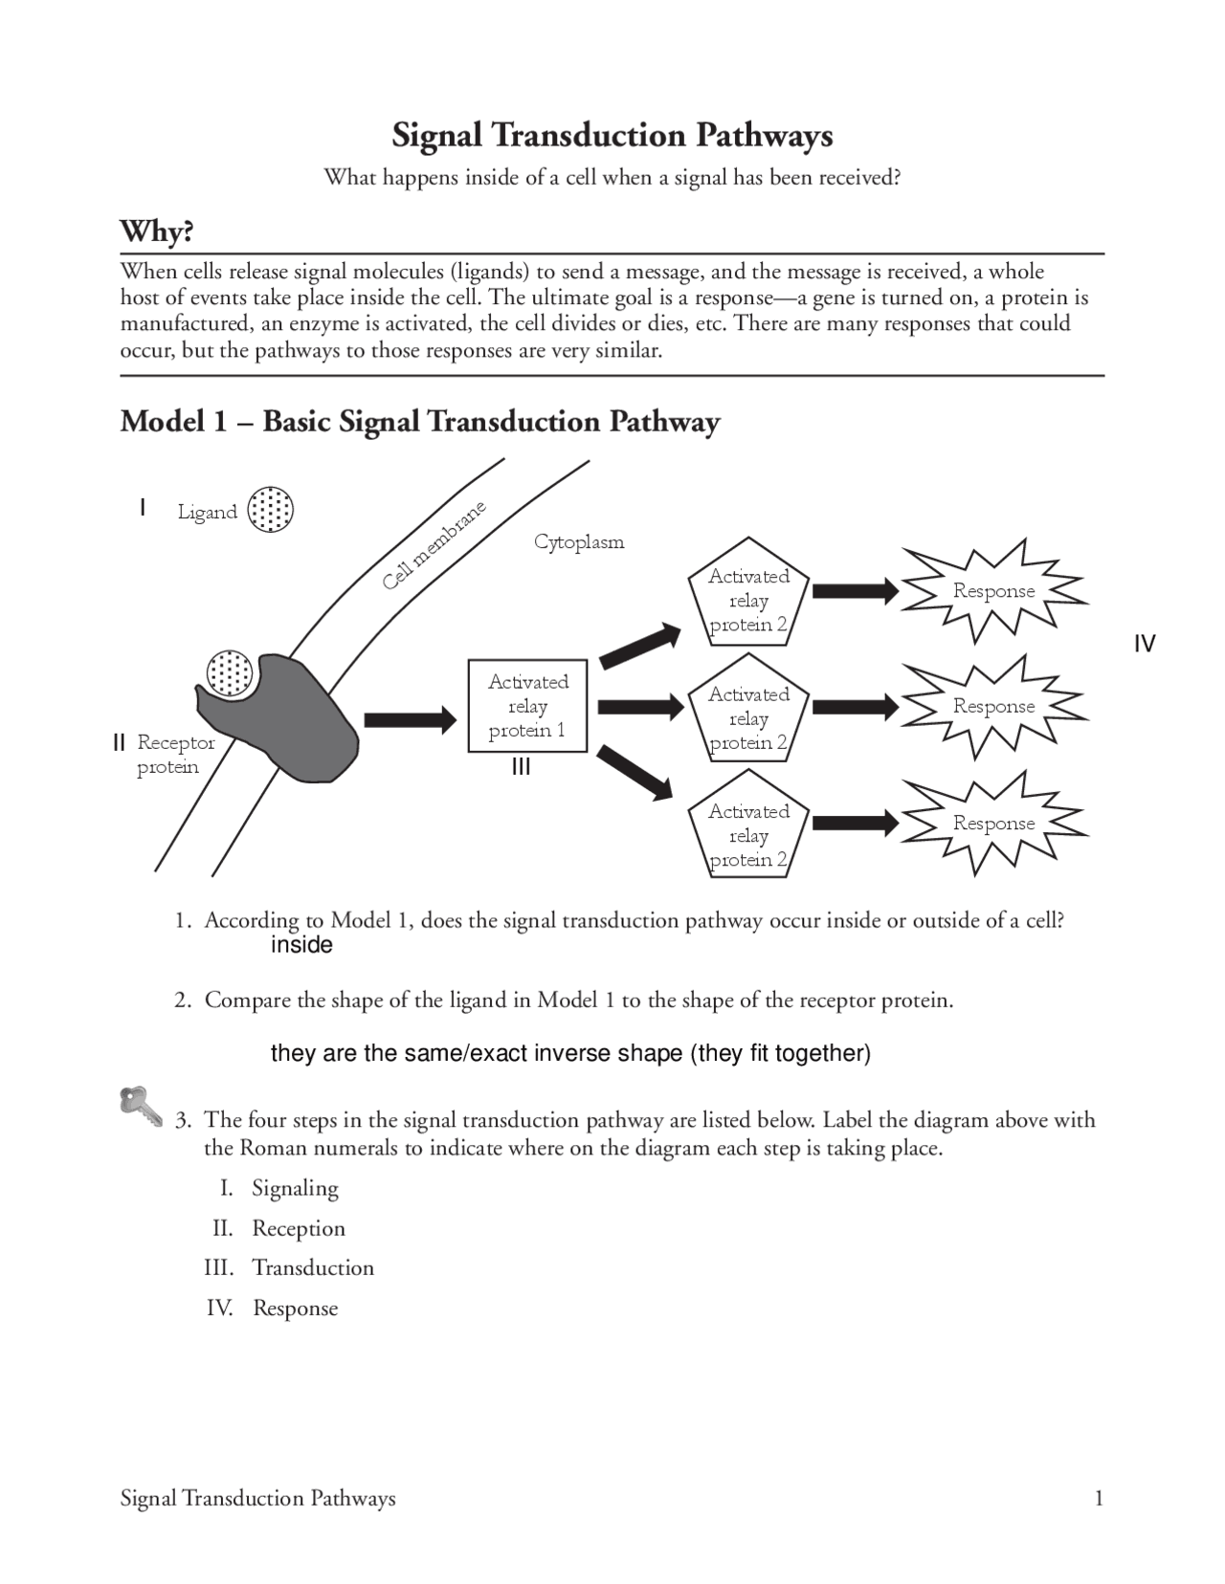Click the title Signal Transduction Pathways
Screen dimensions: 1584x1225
coord(612,136)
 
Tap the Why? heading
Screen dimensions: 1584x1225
coord(157,231)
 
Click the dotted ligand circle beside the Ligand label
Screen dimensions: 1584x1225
coord(270,510)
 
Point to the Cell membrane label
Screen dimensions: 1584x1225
coord(434,546)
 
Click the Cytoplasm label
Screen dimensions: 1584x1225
coord(579,542)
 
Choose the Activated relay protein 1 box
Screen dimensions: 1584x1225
coord(527,706)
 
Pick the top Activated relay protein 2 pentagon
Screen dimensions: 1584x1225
coord(748,600)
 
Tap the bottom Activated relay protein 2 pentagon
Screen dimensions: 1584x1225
coord(748,835)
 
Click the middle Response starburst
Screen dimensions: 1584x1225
coord(994,707)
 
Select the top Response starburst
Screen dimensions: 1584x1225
coord(994,591)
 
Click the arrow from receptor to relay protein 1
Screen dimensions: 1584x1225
coord(410,719)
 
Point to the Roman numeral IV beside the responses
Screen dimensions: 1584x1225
coord(1145,644)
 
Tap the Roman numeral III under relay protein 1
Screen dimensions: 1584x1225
coord(521,767)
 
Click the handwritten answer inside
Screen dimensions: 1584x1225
coord(301,945)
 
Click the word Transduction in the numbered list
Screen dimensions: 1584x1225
coord(313,1268)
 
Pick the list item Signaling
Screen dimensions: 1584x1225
coord(295,1188)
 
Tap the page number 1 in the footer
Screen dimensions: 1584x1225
coord(1099,1498)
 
